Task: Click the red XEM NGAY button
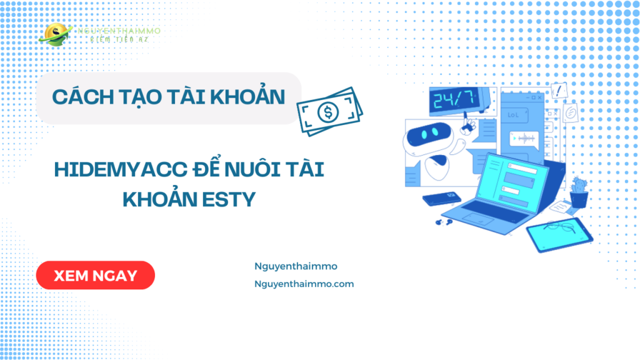(x=95, y=276)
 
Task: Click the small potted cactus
(x=579, y=191)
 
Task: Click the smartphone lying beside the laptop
(x=441, y=199)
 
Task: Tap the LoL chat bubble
(x=513, y=116)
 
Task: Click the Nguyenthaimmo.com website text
(x=304, y=284)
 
